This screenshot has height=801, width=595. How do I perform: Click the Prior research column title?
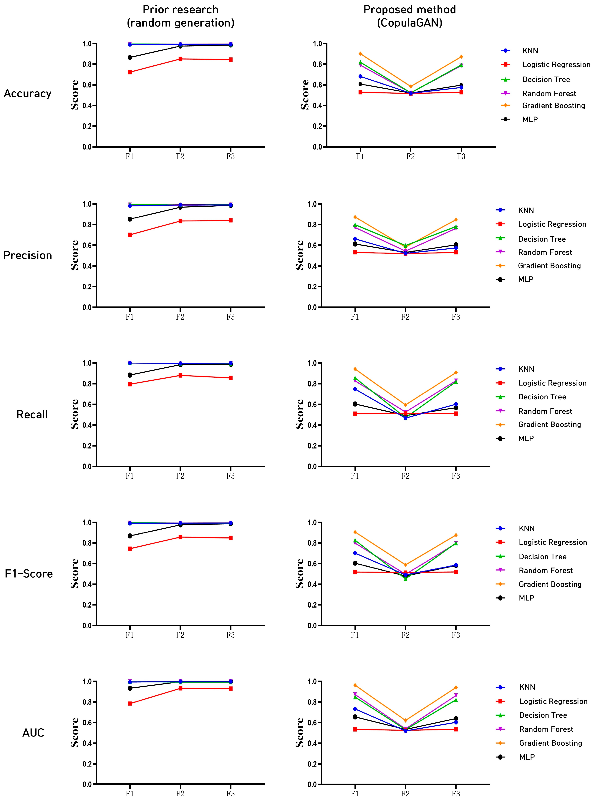[180, 16]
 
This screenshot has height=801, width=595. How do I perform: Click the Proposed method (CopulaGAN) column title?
[410, 16]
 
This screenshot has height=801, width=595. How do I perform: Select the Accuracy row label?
[28, 94]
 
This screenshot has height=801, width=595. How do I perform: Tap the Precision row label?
[28, 255]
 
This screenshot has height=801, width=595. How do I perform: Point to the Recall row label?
[32, 414]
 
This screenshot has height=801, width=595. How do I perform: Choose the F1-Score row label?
[29, 574]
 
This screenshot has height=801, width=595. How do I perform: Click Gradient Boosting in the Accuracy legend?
[553, 106]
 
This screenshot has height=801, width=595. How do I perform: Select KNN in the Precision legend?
[526, 210]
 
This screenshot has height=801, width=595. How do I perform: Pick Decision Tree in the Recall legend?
[542, 397]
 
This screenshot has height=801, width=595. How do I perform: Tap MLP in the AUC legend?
[527, 757]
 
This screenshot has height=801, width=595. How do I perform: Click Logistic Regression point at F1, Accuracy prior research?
[130, 72]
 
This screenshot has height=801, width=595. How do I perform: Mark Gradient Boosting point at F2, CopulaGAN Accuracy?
[411, 87]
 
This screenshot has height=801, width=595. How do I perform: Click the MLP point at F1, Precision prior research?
[130, 219]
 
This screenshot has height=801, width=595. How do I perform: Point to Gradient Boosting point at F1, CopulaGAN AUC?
[355, 685]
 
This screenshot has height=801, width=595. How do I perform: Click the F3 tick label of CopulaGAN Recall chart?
[456, 476]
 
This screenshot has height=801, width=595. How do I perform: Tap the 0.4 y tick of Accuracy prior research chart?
[87, 106]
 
